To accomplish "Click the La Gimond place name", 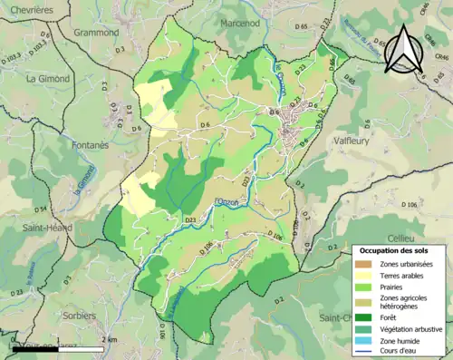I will [x=48, y=78].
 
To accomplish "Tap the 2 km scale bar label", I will [x=110, y=339].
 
